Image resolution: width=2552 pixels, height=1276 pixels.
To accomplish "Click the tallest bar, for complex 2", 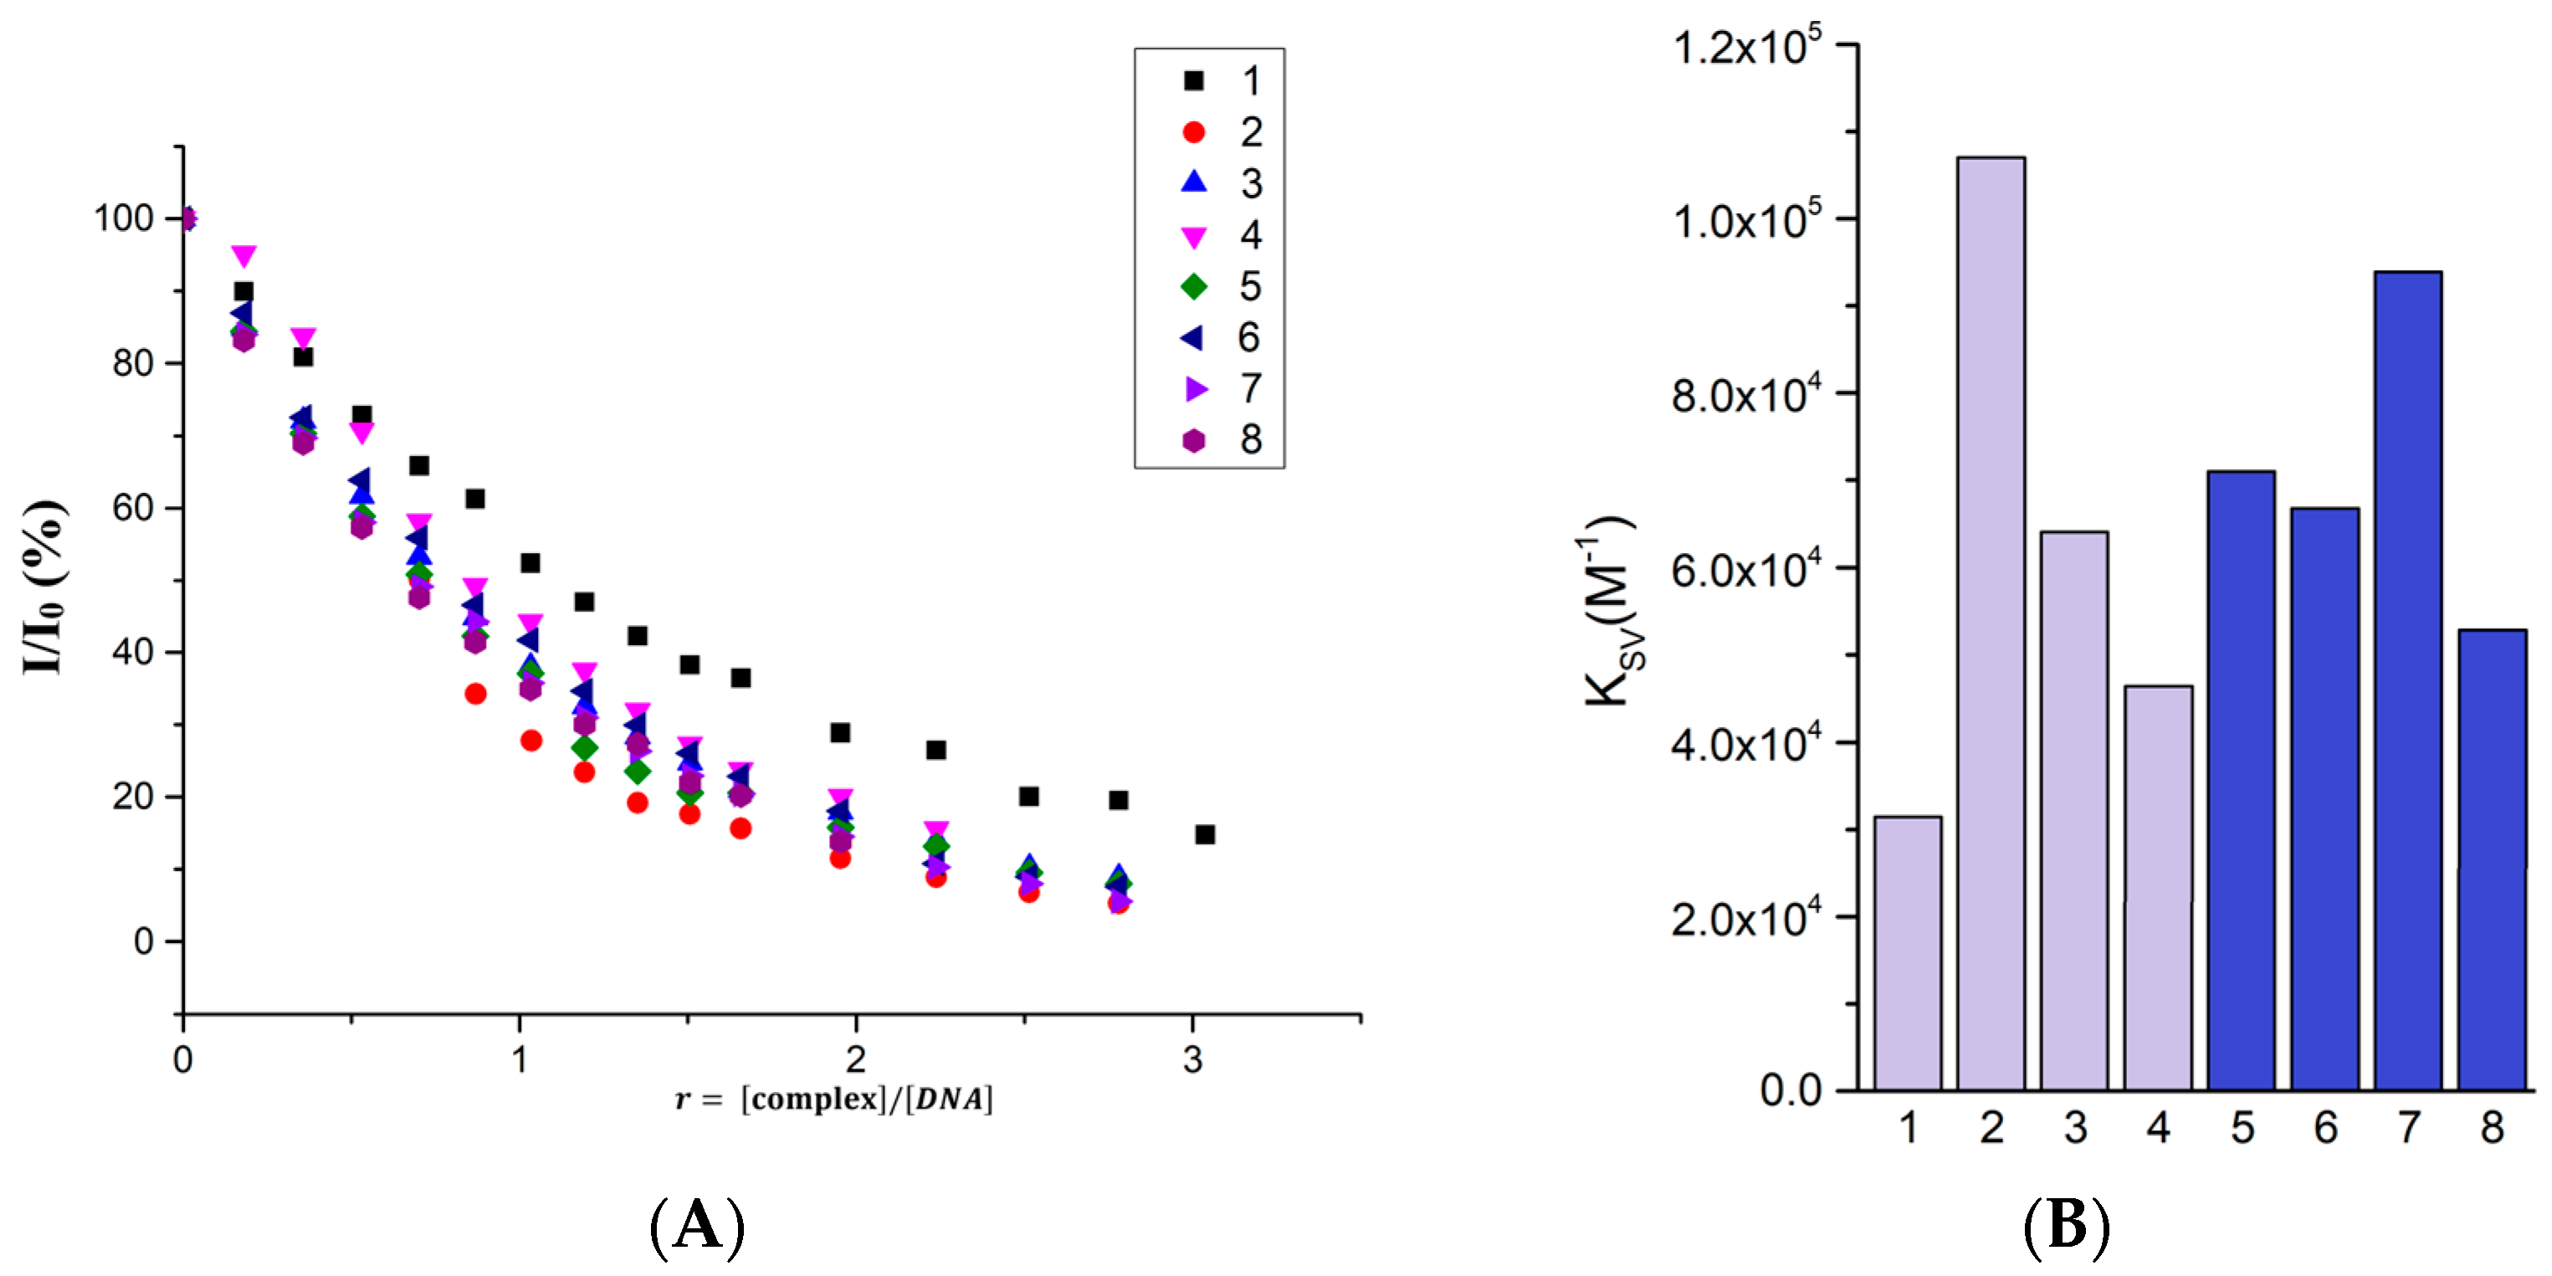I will point(1991,624).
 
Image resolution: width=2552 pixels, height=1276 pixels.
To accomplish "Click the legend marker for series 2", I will point(1194,131).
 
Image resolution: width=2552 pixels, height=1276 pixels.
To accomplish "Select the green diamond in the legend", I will point(1194,286).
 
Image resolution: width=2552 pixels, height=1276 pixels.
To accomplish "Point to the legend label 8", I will point(1250,440).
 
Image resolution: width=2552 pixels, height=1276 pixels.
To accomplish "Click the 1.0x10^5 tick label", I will point(1745,220).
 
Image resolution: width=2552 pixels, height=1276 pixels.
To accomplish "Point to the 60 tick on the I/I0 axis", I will point(133,508).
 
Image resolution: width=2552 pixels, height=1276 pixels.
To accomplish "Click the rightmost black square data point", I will point(1205,834).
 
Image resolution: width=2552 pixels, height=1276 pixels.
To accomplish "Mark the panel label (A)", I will point(696,1226).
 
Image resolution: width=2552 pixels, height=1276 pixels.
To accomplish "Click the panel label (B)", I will point(2067,1226).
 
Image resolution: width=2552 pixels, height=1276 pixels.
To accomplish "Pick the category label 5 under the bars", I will point(2242,1129).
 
